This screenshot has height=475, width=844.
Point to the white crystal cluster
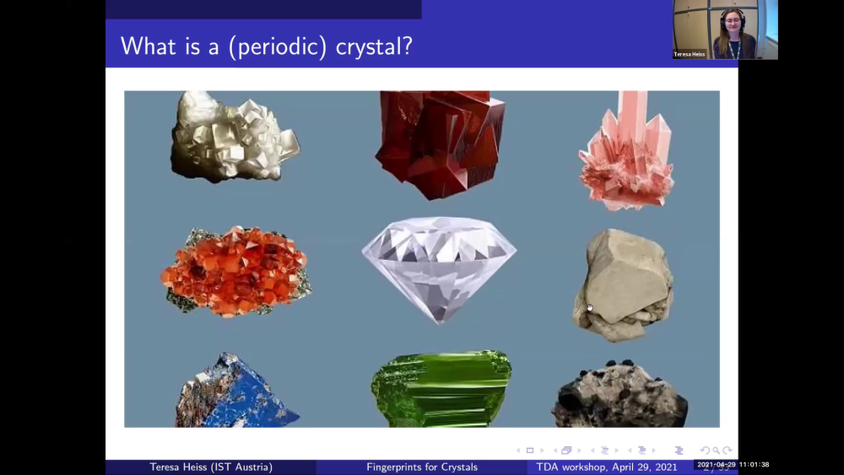click(x=233, y=138)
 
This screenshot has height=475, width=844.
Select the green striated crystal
click(x=441, y=389)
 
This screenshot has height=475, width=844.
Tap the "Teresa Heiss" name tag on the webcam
click(x=690, y=54)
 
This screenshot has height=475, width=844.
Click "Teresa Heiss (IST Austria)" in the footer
click(x=211, y=467)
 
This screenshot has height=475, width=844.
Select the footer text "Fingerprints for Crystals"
click(x=422, y=467)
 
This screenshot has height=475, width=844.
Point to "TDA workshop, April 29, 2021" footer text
click(x=607, y=467)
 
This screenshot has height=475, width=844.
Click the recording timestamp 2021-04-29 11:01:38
click(x=733, y=465)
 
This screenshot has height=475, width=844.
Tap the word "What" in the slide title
click(x=145, y=46)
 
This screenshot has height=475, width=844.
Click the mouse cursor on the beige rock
click(x=589, y=307)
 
